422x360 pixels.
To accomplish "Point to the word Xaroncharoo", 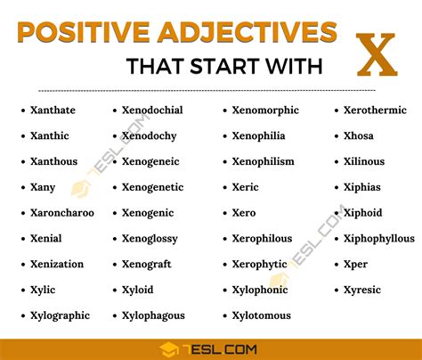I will point(62,213).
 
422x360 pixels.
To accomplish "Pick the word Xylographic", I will point(61,315).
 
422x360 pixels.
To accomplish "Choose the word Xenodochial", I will point(152,110).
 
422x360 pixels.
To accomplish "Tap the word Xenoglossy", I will point(150,239).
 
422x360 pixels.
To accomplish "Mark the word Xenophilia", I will point(258,136).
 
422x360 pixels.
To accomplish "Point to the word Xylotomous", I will point(262,315).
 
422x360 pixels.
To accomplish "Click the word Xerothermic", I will point(376,110).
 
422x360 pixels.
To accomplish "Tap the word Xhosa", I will point(359,136).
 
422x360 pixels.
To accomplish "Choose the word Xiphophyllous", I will point(379,239).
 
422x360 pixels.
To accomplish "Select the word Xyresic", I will point(363,290).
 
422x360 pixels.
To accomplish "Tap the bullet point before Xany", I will point(21,188).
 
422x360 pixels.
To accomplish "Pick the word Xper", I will point(356,265).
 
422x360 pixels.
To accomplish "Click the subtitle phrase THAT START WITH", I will point(223,67).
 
